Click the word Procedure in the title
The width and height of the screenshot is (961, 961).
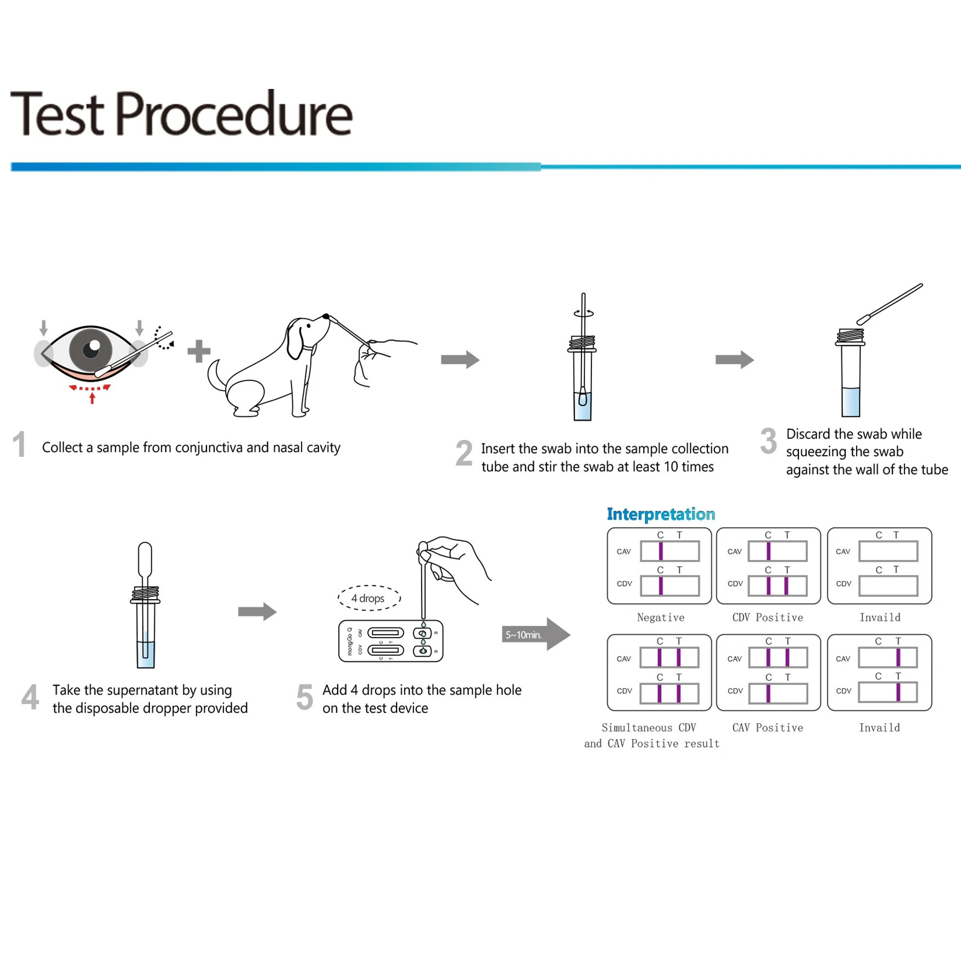click(x=233, y=114)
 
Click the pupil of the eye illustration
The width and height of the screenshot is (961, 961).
click(x=91, y=349)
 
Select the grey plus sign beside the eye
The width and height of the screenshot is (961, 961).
click(x=199, y=351)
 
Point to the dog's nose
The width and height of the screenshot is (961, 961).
click(x=326, y=316)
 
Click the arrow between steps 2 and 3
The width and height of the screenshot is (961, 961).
click(x=734, y=360)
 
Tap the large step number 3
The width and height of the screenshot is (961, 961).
click(x=768, y=441)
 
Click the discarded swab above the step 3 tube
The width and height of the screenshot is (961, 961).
click(x=890, y=304)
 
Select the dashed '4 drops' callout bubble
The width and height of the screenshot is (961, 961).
click(x=368, y=598)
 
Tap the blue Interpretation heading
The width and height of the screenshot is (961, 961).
click(x=661, y=514)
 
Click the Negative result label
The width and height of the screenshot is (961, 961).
click(x=660, y=617)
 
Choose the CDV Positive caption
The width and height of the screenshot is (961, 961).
click(x=767, y=617)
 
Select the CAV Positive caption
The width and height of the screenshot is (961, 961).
click(x=767, y=728)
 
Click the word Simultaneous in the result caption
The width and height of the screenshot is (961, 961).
click(x=636, y=728)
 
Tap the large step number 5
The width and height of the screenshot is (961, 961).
click(x=305, y=697)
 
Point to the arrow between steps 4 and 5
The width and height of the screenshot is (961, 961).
click(x=257, y=611)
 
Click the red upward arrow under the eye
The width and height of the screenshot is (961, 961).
click(x=92, y=397)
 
